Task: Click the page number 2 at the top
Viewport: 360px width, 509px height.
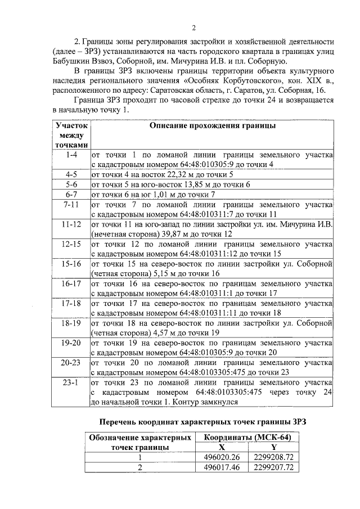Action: tap(193, 28)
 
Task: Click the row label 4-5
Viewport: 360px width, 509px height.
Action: tap(71, 174)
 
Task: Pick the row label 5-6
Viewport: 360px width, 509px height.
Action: tap(71, 184)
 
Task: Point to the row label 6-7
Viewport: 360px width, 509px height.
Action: tap(71, 195)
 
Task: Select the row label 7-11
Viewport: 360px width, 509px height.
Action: tap(71, 205)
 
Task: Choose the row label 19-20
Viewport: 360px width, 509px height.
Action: tap(71, 343)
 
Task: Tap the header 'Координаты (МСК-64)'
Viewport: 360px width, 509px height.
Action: tap(242, 437)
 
